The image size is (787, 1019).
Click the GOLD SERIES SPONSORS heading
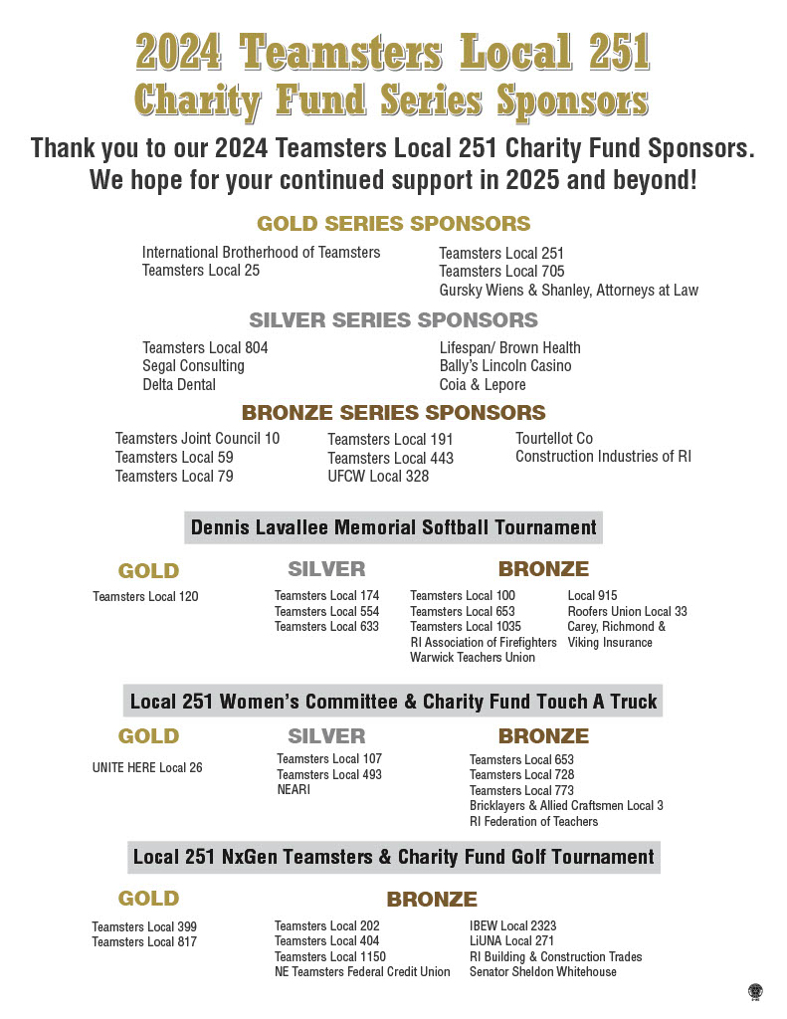click(x=393, y=224)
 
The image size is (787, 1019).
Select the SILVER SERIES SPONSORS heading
click(x=393, y=320)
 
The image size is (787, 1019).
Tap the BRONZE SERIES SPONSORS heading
click(x=393, y=412)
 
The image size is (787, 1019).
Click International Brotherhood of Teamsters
click(x=261, y=253)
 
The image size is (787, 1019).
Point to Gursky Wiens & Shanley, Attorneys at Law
click(x=568, y=291)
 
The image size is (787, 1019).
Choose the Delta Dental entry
click(x=179, y=385)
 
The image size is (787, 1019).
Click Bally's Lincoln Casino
click(x=505, y=366)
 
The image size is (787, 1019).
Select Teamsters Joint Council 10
click(x=197, y=439)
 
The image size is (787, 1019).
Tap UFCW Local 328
click(x=378, y=477)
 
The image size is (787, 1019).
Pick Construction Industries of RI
click(x=603, y=457)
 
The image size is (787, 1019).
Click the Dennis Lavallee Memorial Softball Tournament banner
click(x=393, y=527)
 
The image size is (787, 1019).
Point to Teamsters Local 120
click(x=145, y=597)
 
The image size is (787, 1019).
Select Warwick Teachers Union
click(x=473, y=658)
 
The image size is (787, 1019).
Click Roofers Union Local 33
click(x=627, y=612)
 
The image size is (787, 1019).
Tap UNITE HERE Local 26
click(x=147, y=768)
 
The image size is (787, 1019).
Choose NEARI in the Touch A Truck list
click(x=294, y=790)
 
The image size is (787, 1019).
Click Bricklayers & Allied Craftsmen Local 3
click(x=566, y=806)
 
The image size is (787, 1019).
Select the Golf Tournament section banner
click(x=393, y=857)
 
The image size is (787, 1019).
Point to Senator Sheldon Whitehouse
click(x=543, y=972)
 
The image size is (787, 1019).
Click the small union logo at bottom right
click(x=755, y=991)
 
